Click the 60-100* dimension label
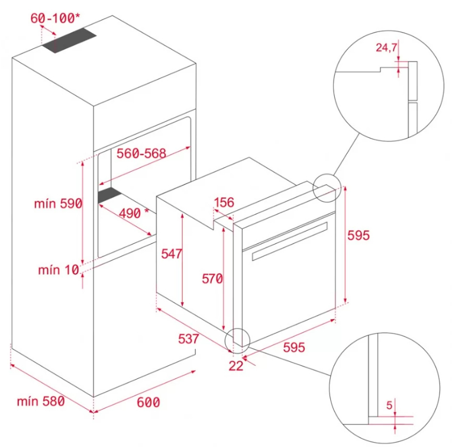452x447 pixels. pos(55,18)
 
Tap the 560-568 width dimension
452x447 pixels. pos(141,153)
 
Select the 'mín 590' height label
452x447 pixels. pos(58,204)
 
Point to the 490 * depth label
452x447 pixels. pos(134,213)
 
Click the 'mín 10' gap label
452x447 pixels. pos(59,270)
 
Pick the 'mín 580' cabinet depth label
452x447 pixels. pos(41,401)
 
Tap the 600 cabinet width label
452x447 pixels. pos(148,403)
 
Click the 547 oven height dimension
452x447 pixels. pos(172,254)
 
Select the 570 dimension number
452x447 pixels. pos(212,279)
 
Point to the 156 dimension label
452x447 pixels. pos(224,202)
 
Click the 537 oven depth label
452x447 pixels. pos(189,339)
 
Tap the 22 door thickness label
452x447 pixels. pos(236,366)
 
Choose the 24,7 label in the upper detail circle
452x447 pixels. pos(386,47)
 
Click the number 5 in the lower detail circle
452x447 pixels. pos(389,406)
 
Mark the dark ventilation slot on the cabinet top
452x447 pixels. pos(69,40)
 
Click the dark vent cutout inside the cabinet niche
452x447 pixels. pos(110,195)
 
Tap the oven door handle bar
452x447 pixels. pos(290,242)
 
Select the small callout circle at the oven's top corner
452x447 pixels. pos(327,188)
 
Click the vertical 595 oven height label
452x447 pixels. pos(359,235)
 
